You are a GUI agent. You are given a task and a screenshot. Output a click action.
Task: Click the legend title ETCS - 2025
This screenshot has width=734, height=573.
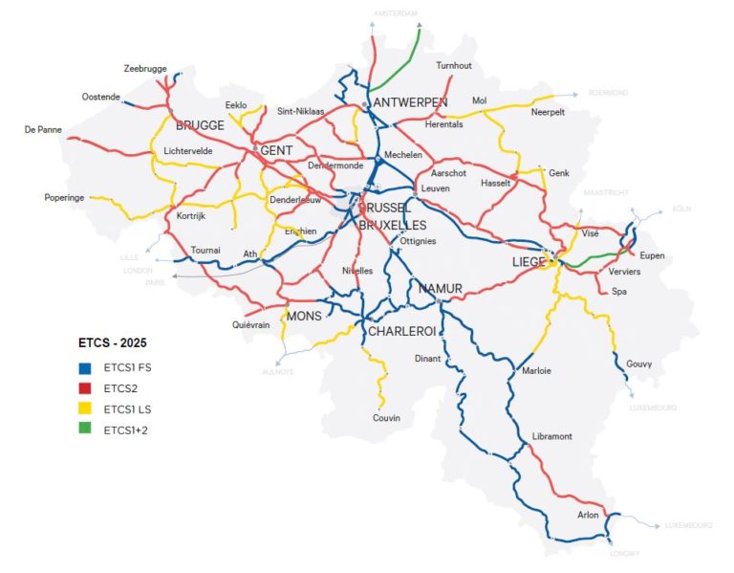pos(112,342)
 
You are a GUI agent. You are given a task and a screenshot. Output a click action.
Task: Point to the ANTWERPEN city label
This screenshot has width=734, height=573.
pos(411,102)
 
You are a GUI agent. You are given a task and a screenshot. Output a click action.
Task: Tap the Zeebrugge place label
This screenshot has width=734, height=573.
pos(145,69)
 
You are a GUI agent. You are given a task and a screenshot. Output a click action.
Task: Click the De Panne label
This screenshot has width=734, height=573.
pos(43,129)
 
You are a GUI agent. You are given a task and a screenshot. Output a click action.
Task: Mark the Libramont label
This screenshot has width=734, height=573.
pos(551,436)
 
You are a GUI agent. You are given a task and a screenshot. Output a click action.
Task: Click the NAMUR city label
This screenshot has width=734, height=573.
pos(440,288)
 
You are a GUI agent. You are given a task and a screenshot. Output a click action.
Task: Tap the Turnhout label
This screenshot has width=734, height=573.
pos(454,66)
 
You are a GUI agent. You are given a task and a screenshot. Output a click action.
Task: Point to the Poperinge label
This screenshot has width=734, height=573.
pos(66,198)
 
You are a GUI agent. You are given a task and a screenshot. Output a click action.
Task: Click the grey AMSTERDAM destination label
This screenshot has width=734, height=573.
pos(397,13)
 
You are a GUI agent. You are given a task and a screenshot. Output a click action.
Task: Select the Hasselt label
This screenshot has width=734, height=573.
pos(496,183)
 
